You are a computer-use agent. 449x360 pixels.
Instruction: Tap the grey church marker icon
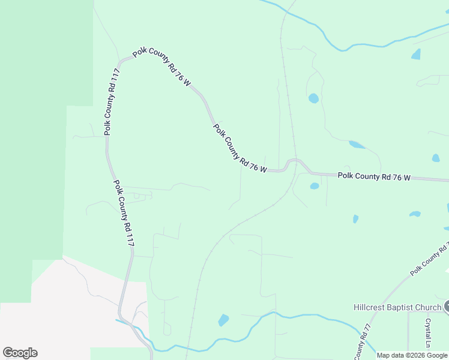coord(447,307)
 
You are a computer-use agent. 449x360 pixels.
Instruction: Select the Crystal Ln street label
coord(429,333)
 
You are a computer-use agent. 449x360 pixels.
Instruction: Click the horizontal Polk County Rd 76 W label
coord(374,177)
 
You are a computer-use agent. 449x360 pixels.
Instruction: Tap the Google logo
coord(20,352)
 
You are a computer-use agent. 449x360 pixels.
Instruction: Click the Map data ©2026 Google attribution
coord(412,355)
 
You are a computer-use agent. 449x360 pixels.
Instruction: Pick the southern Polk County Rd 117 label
coord(124,214)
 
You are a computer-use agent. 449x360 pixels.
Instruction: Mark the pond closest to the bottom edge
coord(223,320)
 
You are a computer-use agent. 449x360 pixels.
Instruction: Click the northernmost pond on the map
coord(416,54)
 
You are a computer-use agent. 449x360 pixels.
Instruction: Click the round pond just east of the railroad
coord(313,98)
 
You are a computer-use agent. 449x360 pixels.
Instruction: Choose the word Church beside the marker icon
coord(430,308)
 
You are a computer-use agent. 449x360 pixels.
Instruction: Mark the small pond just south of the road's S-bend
coord(314,186)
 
